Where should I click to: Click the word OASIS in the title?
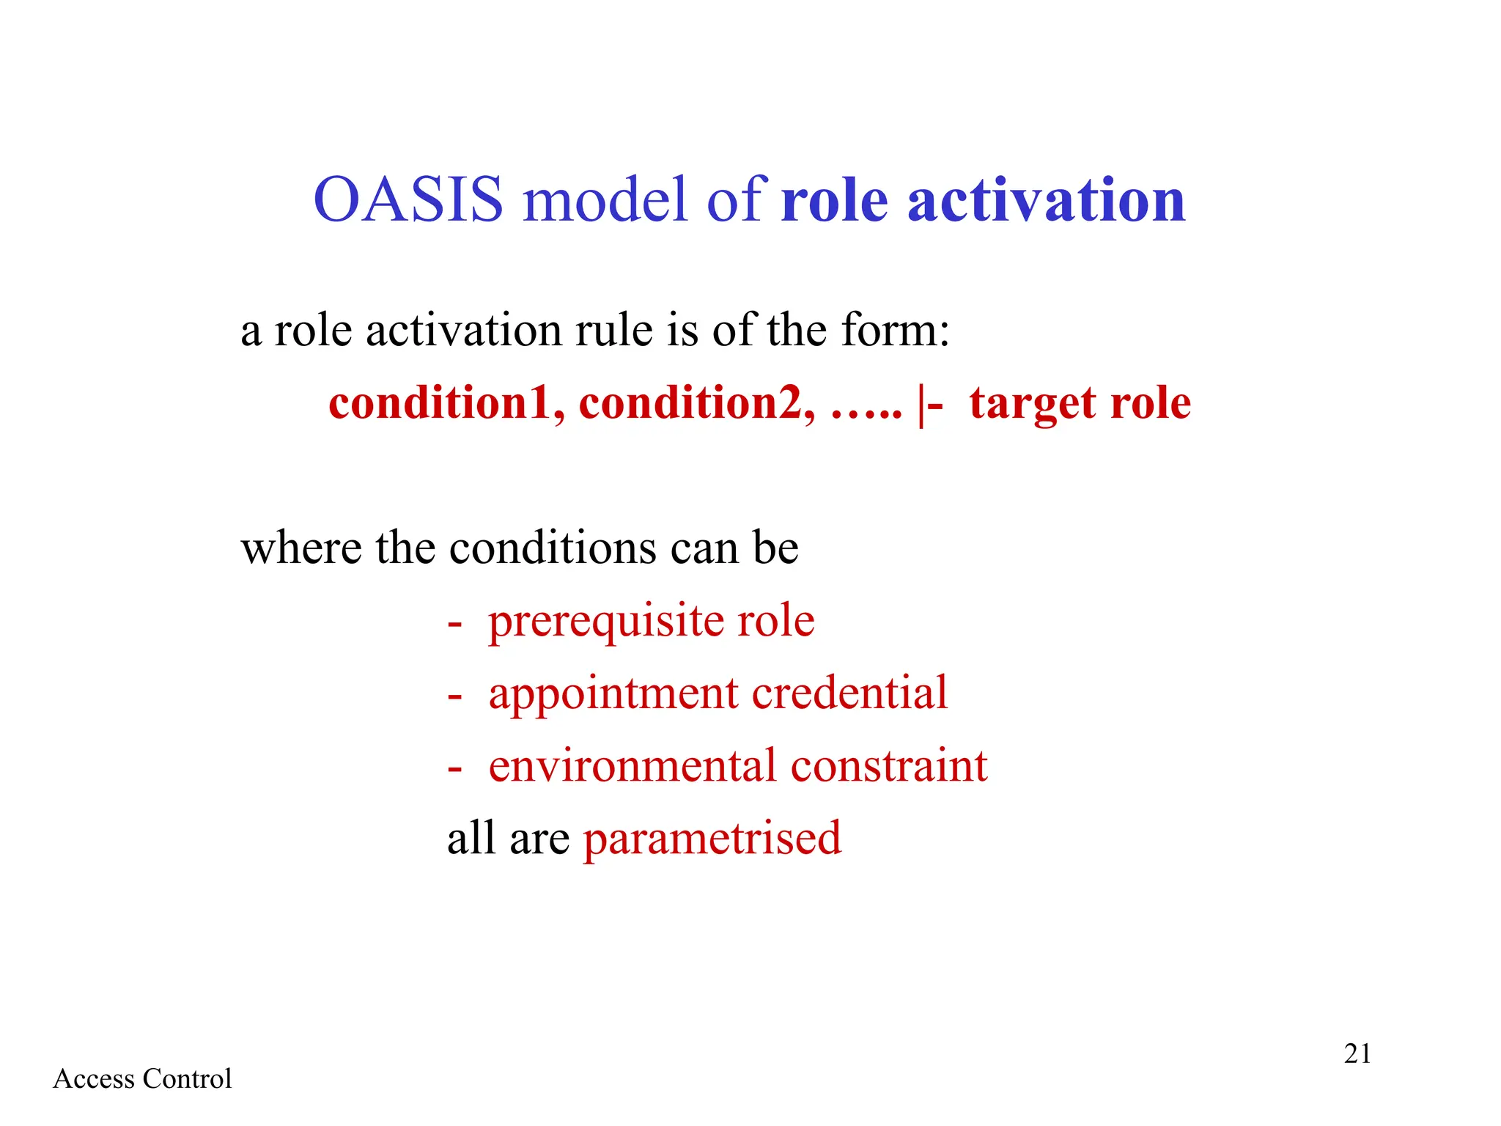tap(408, 199)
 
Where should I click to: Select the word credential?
tap(849, 693)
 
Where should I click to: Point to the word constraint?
tap(889, 766)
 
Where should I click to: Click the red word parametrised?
tap(712, 839)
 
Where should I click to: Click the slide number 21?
tap(1357, 1053)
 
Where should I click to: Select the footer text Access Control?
tap(142, 1079)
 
